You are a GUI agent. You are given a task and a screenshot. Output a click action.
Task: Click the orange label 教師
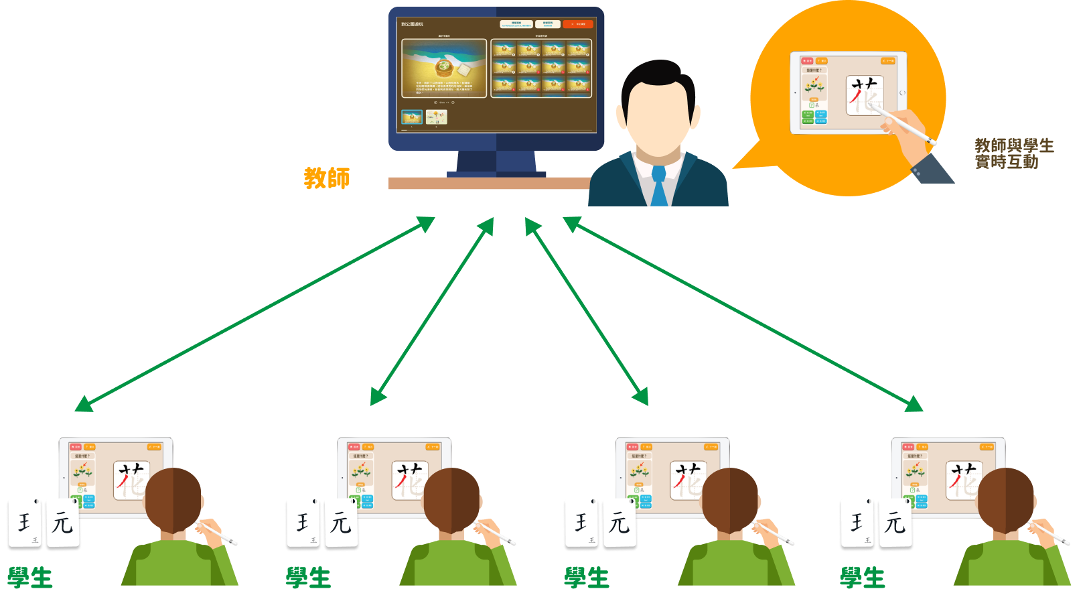tap(326, 178)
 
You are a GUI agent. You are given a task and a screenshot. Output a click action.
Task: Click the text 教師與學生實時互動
tap(1013, 153)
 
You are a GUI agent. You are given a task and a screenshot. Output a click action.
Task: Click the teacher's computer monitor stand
tap(496, 163)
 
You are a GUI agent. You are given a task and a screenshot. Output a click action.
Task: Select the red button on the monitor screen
tap(577, 24)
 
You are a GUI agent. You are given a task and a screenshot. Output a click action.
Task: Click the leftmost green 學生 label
tap(30, 577)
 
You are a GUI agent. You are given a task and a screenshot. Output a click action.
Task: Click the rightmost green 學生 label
tap(863, 577)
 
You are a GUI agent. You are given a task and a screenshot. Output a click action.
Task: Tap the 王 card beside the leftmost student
tap(25, 523)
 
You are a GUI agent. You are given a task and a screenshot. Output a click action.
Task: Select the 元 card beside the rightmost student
tap(895, 523)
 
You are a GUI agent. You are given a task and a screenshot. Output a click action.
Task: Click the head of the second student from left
tap(452, 499)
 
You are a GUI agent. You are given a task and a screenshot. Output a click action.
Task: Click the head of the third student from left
tap(730, 499)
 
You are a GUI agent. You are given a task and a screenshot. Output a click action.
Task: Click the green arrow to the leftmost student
tap(255, 314)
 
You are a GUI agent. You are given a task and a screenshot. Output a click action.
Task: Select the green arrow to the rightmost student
tap(743, 314)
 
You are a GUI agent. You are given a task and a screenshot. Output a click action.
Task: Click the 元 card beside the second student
tap(341, 523)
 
